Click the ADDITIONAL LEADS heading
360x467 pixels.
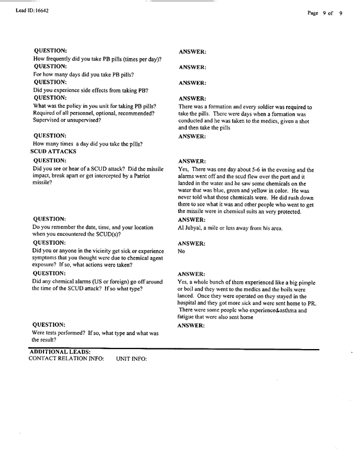coord(60,352)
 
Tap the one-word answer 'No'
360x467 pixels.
coord(181,251)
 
